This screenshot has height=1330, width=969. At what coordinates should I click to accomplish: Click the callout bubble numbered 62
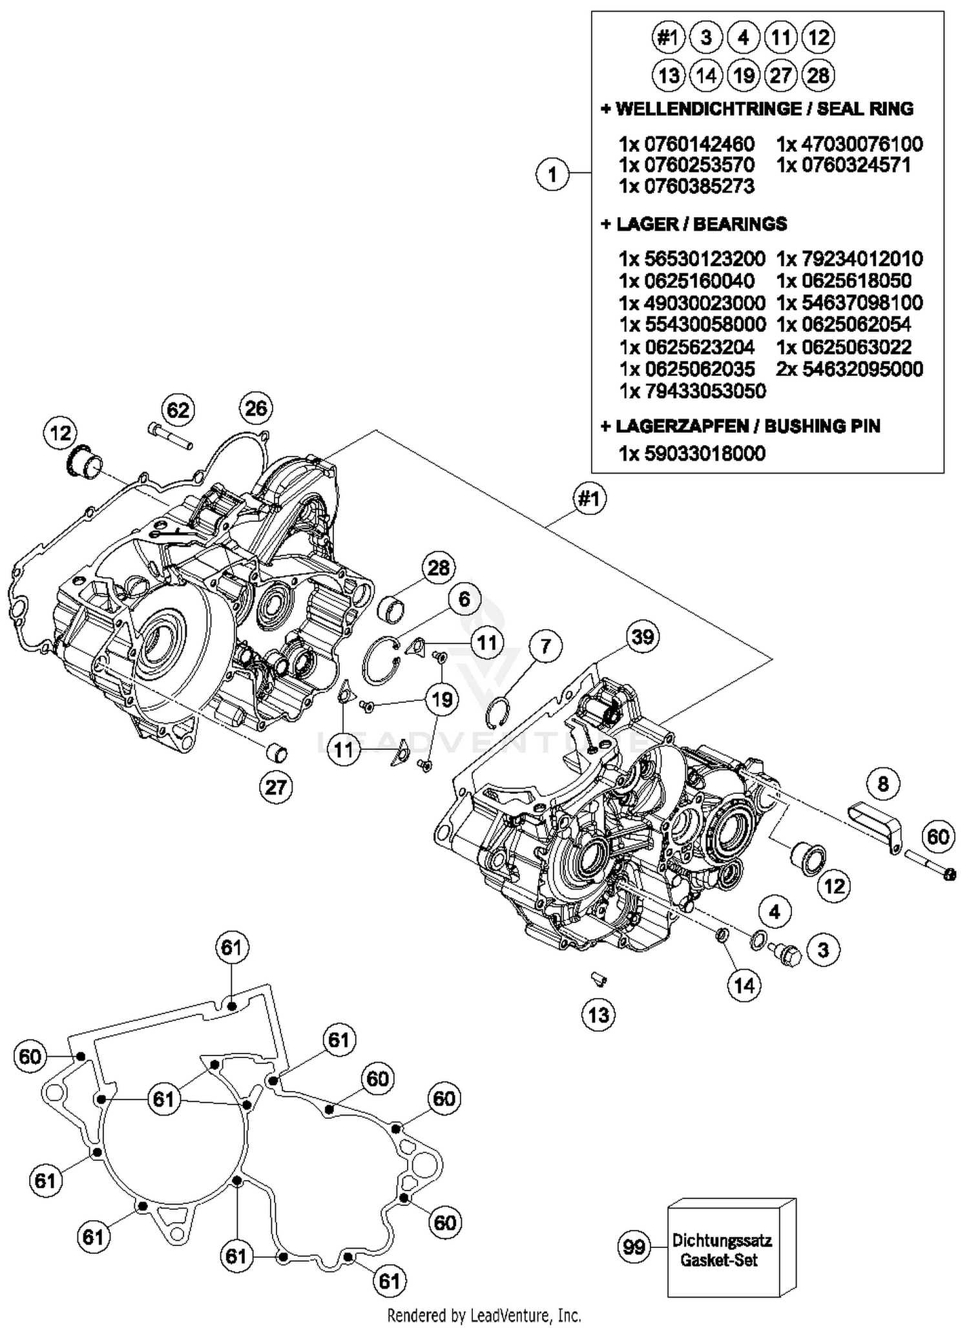[x=178, y=410]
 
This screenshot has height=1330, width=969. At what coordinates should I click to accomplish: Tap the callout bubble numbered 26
[x=256, y=408]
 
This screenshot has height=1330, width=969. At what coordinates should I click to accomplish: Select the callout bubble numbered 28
[x=439, y=568]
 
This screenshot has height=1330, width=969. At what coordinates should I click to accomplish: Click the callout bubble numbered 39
[x=642, y=637]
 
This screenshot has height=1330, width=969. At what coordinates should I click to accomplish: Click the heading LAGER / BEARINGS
[x=694, y=224]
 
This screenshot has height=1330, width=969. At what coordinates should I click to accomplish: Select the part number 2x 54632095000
[x=849, y=369]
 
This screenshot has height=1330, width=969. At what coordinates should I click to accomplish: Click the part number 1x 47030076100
[x=849, y=143]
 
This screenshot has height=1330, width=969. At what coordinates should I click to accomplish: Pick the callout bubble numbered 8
[x=882, y=784]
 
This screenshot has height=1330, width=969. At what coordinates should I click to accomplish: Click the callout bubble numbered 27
[x=276, y=787]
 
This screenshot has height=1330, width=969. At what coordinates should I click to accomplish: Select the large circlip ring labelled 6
[x=380, y=661]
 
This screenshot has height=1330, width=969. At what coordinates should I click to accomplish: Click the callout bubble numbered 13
[x=598, y=1014]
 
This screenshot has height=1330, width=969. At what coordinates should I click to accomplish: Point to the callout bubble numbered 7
[x=545, y=646]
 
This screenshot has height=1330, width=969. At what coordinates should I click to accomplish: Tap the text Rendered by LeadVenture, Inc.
[x=484, y=1315]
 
